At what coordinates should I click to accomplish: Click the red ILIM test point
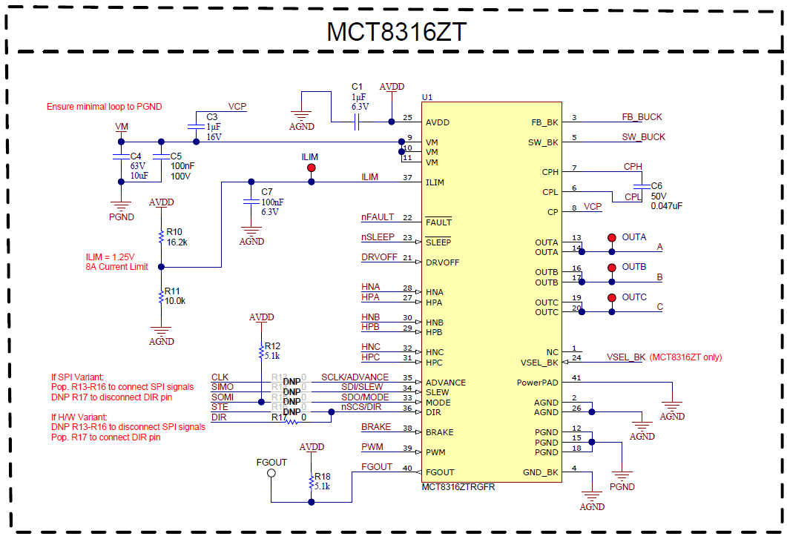(312, 168)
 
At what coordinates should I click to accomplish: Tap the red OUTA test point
(612, 238)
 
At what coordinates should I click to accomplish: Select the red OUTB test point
(612, 268)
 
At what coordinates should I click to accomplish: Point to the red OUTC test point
(612, 298)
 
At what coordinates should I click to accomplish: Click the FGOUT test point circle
(271, 472)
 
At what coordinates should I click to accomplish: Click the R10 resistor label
(174, 231)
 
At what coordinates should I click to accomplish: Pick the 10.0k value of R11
(175, 301)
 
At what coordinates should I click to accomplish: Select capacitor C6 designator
(656, 185)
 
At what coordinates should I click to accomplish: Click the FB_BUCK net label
(642, 117)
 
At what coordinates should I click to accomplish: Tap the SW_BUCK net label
(643, 137)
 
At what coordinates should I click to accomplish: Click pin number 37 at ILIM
(407, 178)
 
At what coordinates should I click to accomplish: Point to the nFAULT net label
(378, 217)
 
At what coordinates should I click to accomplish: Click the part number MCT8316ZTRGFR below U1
(458, 487)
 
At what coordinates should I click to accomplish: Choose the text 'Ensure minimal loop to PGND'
(105, 107)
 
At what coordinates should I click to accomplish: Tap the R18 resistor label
(322, 477)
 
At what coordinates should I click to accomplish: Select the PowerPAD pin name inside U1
(537, 383)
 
